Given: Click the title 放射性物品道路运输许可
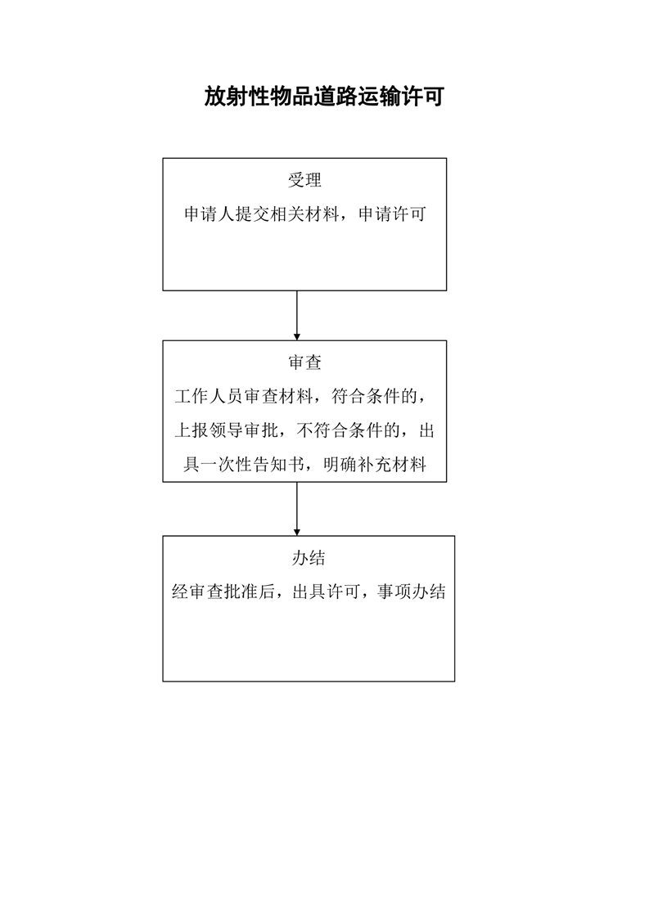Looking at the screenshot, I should pyautogui.click(x=323, y=97).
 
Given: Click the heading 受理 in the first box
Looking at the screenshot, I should pyautogui.click(x=304, y=181).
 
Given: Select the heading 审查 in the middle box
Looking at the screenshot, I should pyautogui.click(x=304, y=362).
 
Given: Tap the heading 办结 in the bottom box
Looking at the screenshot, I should pyautogui.click(x=309, y=558).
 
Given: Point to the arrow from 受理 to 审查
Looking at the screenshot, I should pyautogui.click(x=296, y=315).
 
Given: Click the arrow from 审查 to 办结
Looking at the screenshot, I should pyautogui.click(x=296, y=508).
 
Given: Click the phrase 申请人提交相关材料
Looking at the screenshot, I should pyautogui.click(x=260, y=215).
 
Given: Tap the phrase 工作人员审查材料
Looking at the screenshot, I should pyautogui.click(x=245, y=397).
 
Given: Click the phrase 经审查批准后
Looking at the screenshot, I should pyautogui.click(x=222, y=592).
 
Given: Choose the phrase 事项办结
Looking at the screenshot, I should pyautogui.click(x=411, y=592).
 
